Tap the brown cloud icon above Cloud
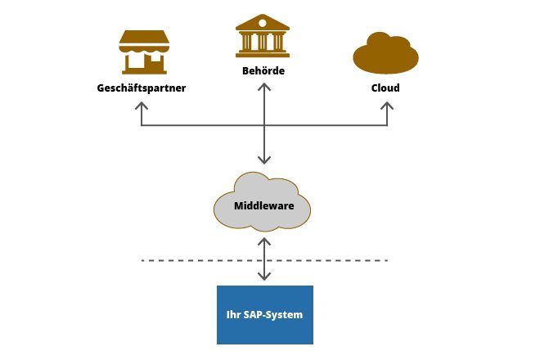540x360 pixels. pyautogui.click(x=385, y=53)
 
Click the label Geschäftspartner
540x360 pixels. pyautogui.click(x=142, y=88)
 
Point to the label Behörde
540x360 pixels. pyautogui.click(x=263, y=71)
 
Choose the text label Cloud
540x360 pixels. pyautogui.click(x=385, y=88)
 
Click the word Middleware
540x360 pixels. pyautogui.click(x=263, y=206)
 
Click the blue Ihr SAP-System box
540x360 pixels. pyautogui.click(x=264, y=314)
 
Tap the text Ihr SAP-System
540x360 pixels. pyautogui.click(x=264, y=314)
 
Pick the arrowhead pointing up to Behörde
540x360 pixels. pyautogui.click(x=263, y=88)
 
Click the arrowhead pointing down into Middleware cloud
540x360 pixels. pyautogui.click(x=263, y=160)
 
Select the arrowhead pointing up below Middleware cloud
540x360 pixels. pyautogui.click(x=263, y=241)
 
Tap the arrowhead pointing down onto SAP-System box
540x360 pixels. pyautogui.click(x=263, y=279)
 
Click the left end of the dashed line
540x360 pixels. pyautogui.click(x=143, y=260)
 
